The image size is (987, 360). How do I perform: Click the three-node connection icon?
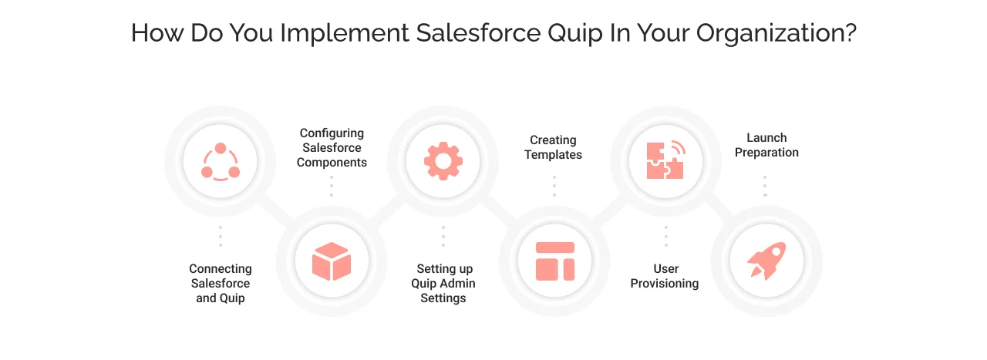click(221, 162)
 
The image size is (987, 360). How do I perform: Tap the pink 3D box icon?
click(332, 261)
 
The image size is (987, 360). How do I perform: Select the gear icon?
click(443, 162)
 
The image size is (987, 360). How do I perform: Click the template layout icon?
click(554, 261)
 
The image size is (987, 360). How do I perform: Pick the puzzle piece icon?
click(665, 160)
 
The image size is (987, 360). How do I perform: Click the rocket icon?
click(766, 261)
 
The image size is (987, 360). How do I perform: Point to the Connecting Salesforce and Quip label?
click(221, 283)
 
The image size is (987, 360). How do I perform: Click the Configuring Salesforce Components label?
click(332, 148)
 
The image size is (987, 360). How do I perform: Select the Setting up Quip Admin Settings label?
click(443, 283)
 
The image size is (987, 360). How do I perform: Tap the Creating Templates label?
click(554, 147)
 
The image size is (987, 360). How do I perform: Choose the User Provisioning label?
click(665, 276)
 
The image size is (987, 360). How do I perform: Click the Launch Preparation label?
click(766, 145)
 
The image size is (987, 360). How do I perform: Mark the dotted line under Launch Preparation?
click(765, 186)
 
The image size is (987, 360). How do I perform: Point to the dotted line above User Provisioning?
click(666, 236)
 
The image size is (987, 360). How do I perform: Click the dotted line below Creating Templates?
click(554, 186)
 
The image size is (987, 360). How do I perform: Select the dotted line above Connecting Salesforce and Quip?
click(221, 236)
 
